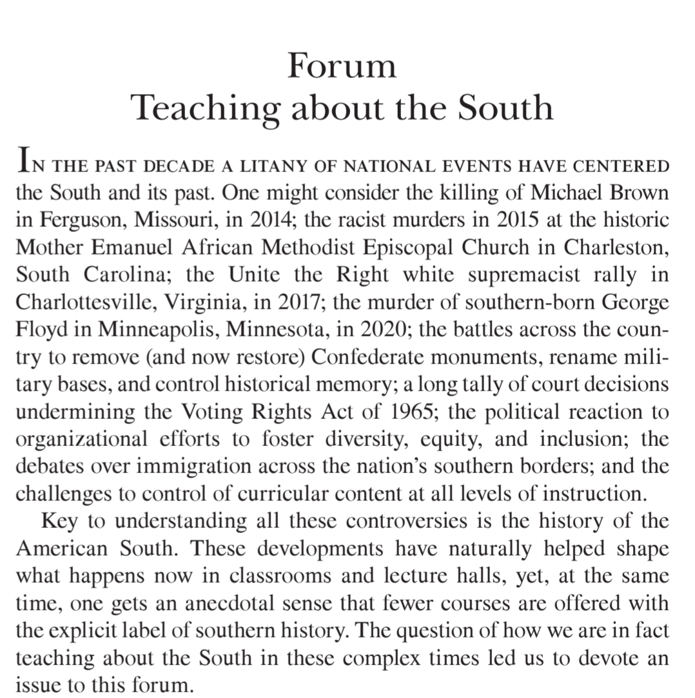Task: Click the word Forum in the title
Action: (x=341, y=66)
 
